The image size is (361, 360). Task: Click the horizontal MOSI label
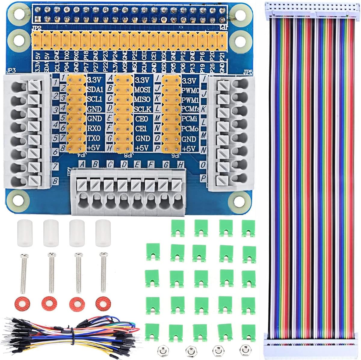[x=142, y=90]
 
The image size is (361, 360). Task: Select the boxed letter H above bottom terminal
[x=180, y=164]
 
